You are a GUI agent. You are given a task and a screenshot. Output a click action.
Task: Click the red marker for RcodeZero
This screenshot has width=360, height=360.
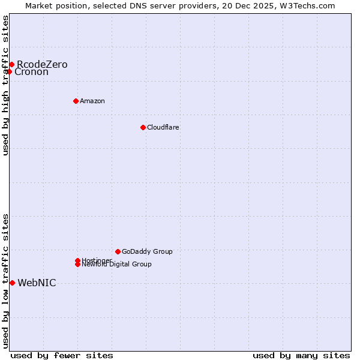[x=11, y=64]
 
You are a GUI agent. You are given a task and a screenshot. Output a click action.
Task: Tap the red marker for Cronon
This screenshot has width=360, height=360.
[x=9, y=72]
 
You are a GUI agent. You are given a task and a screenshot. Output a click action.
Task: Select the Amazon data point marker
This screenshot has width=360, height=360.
[x=76, y=101]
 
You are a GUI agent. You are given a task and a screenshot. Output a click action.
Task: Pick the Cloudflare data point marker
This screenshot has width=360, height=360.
[x=143, y=127]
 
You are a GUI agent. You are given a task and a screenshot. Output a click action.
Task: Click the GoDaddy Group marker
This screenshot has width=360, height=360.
[x=118, y=251]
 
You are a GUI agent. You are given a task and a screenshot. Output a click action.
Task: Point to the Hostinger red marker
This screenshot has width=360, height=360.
[x=77, y=260]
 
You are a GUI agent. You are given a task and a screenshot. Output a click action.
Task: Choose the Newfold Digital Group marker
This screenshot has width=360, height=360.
[x=77, y=265]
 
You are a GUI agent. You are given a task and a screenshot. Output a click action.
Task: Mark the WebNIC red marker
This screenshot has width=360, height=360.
[x=12, y=283]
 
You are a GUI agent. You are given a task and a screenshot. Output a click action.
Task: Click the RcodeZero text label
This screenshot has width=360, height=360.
[x=42, y=64]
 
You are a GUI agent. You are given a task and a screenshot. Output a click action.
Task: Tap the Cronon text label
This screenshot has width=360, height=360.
[x=31, y=72]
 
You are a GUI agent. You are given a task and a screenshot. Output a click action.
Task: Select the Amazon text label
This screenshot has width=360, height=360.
[x=92, y=101]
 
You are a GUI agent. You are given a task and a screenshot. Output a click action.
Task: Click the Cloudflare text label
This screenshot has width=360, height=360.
[x=163, y=127]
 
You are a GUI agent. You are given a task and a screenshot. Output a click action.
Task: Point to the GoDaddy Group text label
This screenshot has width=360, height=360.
[x=147, y=251]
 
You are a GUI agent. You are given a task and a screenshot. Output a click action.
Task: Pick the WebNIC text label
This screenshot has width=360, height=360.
[x=37, y=283]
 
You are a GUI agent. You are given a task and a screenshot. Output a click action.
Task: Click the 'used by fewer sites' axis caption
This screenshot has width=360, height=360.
[x=62, y=355]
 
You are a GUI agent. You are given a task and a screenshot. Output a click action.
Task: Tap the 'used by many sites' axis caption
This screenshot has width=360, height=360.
[x=301, y=355]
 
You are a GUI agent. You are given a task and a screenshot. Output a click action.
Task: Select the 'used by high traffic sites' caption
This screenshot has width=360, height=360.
[x=6, y=86]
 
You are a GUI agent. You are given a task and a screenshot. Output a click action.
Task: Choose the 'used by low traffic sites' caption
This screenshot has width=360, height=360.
[x=6, y=281]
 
